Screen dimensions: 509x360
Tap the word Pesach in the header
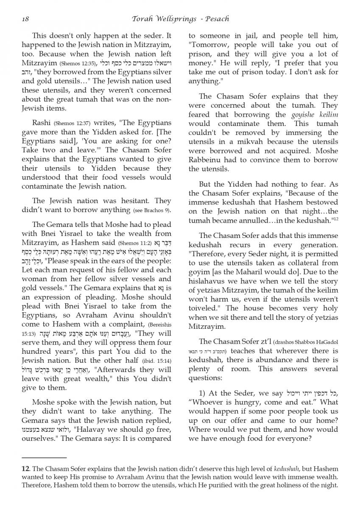tap(216, 19)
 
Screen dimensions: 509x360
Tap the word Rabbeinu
tap(207, 160)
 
